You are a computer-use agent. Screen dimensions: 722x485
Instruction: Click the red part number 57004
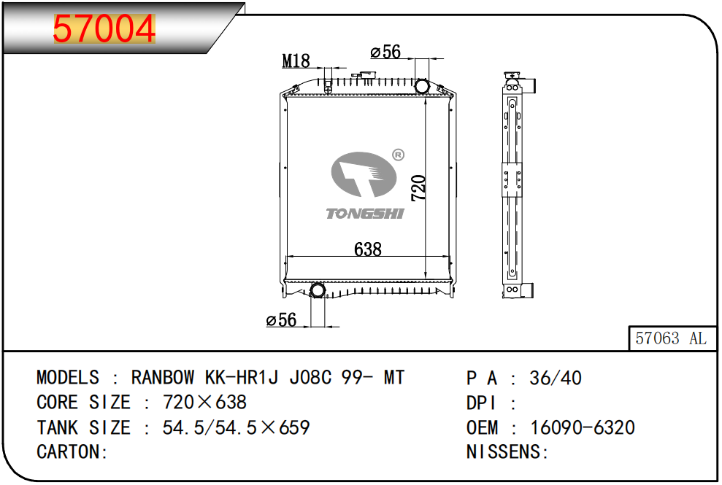tap(104, 28)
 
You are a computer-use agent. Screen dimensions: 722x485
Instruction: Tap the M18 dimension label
tap(296, 61)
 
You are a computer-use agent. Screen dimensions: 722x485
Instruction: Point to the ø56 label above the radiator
tap(385, 52)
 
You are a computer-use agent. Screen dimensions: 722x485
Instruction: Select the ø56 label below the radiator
tap(281, 319)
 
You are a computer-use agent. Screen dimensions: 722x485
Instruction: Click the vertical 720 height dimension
tap(418, 187)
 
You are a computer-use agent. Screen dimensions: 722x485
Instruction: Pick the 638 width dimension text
tap(367, 249)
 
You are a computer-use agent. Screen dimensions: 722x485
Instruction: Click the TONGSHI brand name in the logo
tap(365, 214)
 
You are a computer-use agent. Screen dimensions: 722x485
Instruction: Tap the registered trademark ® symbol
tap(399, 155)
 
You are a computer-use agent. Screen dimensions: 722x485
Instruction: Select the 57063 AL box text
tap(670, 338)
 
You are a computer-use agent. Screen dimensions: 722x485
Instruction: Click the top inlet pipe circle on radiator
tap(421, 86)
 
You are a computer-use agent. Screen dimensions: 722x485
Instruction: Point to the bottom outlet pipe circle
tap(318, 290)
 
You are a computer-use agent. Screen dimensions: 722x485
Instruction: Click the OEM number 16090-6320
tap(583, 427)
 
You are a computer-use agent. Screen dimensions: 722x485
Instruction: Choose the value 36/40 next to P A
tap(556, 378)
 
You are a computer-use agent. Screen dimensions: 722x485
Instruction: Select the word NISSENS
tap(504, 452)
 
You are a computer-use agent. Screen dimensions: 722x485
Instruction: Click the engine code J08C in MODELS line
tap(310, 377)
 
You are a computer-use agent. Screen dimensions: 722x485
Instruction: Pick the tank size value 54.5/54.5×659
tap(237, 427)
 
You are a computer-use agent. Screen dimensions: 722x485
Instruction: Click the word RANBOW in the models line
tap(163, 377)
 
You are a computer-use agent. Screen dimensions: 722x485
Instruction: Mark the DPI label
tap(481, 403)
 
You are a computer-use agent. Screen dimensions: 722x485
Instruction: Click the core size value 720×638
tap(205, 402)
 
